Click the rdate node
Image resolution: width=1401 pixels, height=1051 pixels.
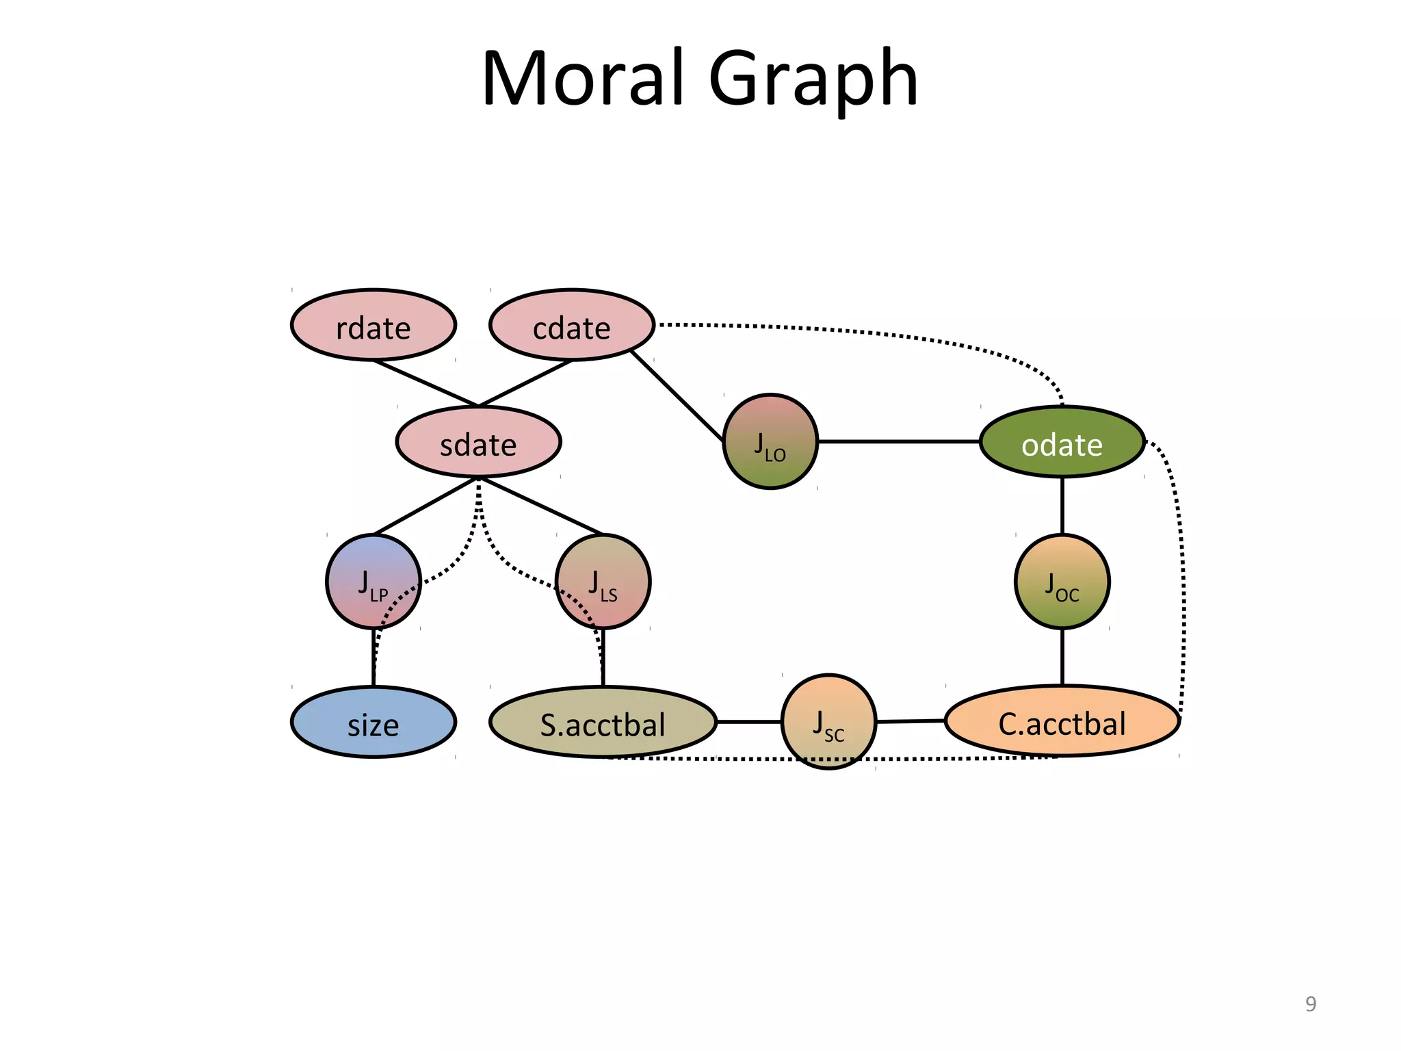(x=374, y=326)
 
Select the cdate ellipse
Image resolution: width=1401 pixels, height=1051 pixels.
(x=572, y=326)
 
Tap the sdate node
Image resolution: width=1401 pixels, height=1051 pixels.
(x=478, y=442)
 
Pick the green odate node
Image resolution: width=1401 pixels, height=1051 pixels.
(x=1062, y=442)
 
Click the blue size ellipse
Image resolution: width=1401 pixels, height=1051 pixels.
(x=374, y=723)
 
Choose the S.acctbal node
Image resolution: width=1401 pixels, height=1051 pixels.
(x=603, y=723)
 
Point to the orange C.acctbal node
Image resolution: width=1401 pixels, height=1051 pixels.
(x=1062, y=721)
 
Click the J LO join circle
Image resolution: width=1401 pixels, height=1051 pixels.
(x=770, y=442)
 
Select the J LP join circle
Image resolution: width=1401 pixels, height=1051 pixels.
(x=374, y=582)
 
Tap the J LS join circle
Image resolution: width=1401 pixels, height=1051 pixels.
(x=603, y=582)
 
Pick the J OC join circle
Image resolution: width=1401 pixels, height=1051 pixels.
(x=1062, y=582)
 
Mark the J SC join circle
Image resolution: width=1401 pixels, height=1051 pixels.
(x=828, y=721)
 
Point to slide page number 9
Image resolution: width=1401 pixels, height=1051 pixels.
(x=1311, y=1004)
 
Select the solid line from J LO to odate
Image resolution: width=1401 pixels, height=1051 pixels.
(x=898, y=442)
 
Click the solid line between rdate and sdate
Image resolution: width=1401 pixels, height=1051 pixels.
(x=425, y=383)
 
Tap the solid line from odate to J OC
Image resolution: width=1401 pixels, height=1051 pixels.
(x=1062, y=506)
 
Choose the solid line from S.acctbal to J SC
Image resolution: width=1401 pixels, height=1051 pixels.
(x=749, y=722)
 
